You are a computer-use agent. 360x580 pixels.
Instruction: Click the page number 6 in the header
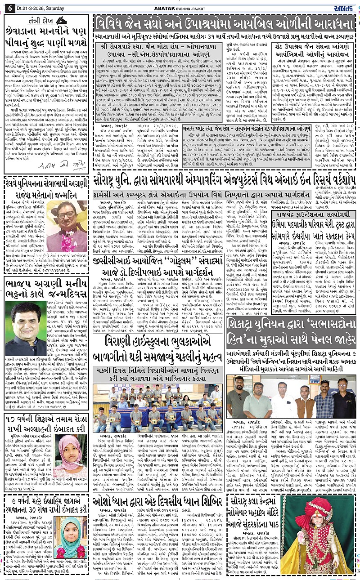coord(9,7)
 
